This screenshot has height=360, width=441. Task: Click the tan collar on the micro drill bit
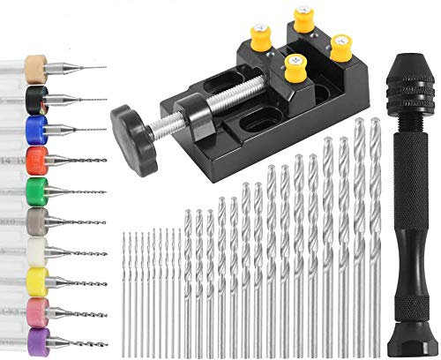pos(37,67)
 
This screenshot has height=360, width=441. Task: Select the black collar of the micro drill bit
pos(37,98)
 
